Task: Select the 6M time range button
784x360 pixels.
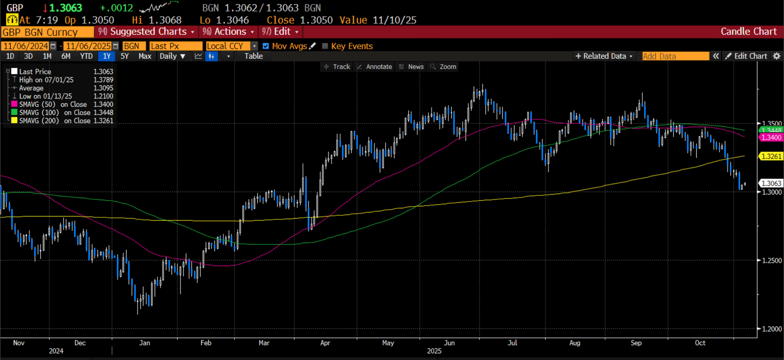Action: click(x=66, y=56)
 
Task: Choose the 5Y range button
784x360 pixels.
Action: click(x=125, y=56)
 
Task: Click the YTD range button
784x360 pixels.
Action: click(x=87, y=56)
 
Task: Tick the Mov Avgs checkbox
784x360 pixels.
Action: click(x=265, y=46)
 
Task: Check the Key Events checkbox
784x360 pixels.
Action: click(x=325, y=46)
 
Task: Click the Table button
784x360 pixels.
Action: click(x=254, y=56)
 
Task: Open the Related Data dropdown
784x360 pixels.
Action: click(x=604, y=56)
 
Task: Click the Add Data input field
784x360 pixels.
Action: click(x=675, y=56)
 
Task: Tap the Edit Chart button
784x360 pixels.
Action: click(x=746, y=56)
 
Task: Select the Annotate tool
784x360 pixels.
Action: click(x=374, y=67)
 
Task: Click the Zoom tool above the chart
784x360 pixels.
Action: click(x=443, y=67)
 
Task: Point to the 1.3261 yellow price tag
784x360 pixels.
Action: click(x=771, y=156)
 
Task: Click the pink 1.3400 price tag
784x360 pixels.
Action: click(x=771, y=137)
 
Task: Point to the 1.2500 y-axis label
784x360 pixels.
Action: click(x=770, y=260)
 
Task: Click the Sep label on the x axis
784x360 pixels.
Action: click(x=636, y=343)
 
